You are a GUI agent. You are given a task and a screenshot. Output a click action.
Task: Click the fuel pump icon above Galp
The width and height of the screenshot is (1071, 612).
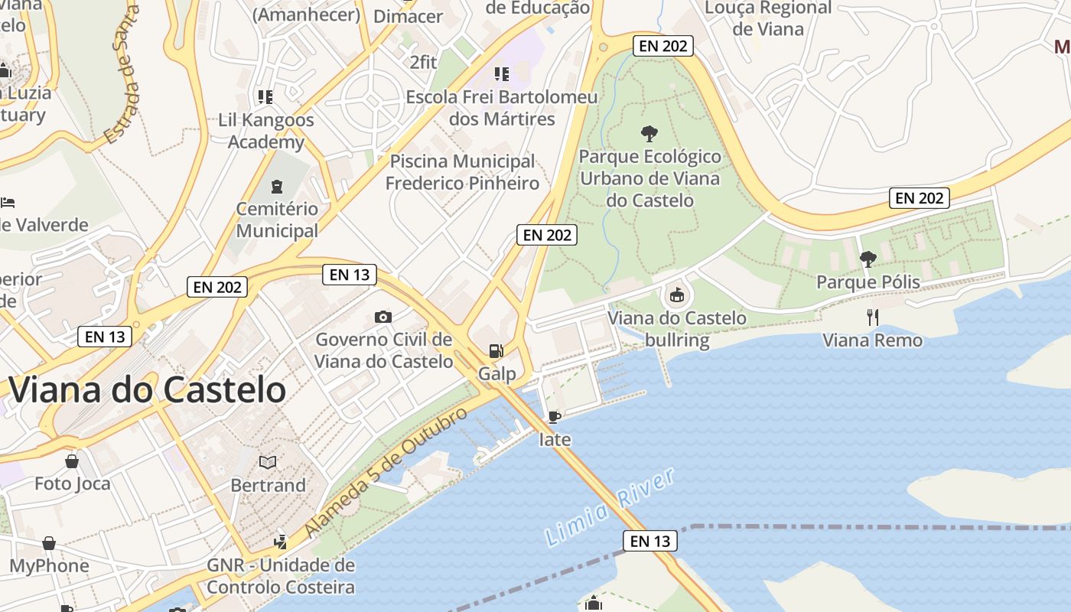pos(496,351)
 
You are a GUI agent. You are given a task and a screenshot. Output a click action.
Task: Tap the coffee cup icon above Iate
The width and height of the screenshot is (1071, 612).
pos(555,417)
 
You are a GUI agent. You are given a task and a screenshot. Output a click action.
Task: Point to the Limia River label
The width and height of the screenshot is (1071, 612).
pos(610,507)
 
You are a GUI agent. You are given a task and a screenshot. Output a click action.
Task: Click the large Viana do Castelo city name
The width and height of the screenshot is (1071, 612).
pos(148,390)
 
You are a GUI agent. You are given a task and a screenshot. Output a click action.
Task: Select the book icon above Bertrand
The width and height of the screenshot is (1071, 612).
pos(268,462)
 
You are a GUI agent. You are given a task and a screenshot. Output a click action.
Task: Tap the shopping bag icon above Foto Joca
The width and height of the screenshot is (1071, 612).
pos(72,461)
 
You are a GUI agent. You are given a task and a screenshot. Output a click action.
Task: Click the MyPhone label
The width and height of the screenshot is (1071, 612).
pos(49,566)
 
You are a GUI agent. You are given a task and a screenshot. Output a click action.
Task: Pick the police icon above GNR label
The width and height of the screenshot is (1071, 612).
pos(280,542)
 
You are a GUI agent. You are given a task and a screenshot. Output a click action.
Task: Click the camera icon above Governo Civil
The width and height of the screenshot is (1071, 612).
pos(383,317)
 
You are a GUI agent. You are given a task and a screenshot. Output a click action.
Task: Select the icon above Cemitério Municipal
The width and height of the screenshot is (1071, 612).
pos(276,186)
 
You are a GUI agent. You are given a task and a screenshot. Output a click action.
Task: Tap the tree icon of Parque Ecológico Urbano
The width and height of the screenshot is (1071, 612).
pos(649,134)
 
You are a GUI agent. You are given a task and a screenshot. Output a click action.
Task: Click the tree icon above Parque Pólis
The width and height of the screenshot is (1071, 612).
pos(868,259)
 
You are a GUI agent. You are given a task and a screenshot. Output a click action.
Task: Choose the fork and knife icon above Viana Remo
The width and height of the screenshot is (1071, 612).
pos(872,317)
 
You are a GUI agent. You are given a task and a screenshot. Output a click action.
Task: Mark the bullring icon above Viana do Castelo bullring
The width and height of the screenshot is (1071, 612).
pos(676,295)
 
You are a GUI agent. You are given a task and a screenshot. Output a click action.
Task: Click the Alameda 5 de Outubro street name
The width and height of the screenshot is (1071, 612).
pos(386,473)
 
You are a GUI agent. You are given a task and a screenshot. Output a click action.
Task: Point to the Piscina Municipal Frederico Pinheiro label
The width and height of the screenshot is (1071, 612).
pos(462,172)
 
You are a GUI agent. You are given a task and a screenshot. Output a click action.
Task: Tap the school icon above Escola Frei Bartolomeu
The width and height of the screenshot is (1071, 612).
pos(502,74)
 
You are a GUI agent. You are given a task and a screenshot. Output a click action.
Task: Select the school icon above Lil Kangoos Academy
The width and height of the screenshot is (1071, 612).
pos(265,97)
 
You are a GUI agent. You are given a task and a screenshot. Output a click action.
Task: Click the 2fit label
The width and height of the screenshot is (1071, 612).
pos(424,62)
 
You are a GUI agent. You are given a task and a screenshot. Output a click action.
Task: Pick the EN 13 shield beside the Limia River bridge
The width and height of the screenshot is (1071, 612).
pos(649,541)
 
